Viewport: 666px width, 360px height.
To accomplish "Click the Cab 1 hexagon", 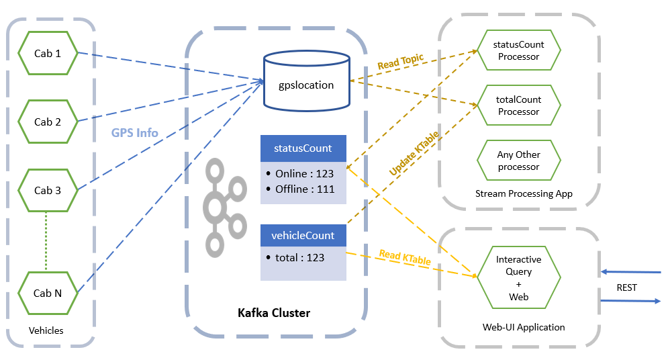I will click(48, 53).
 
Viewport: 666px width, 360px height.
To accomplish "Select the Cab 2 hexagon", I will click(48, 122).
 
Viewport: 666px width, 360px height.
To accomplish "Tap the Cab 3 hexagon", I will click(48, 190).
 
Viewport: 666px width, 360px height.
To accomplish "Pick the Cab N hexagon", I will click(48, 293).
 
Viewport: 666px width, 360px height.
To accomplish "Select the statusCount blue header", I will click(303, 148).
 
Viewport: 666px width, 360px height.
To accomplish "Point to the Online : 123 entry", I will click(304, 174).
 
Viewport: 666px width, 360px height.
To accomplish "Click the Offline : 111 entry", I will click(304, 189).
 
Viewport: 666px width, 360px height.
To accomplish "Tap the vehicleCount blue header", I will click(303, 236).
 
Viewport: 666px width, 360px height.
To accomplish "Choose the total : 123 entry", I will click(299, 257).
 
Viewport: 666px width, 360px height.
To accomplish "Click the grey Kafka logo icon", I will click(225, 208).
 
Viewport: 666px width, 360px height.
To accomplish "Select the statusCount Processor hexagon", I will click(518, 50).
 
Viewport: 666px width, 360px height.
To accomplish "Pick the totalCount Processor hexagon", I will click(518, 105).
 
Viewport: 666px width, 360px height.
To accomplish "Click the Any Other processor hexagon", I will click(518, 161).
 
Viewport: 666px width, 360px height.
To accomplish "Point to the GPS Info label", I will click(135, 132).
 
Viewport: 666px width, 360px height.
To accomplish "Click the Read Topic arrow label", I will click(400, 62).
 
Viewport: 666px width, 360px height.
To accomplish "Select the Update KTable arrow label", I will click(414, 154).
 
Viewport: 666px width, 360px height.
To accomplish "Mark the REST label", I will click(626, 287).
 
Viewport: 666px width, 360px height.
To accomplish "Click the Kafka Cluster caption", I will click(274, 313).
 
